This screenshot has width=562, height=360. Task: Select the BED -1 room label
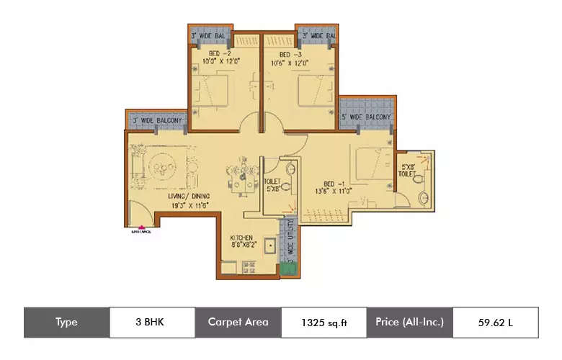coord(331,184)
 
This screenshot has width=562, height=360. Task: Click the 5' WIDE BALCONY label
coord(367,117)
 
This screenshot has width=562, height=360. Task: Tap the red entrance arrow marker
coord(140,228)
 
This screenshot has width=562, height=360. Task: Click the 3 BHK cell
coord(152,323)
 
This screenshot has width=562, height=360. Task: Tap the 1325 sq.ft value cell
coord(324,323)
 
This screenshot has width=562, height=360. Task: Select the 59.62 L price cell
coord(495,323)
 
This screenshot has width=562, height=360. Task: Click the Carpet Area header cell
coord(238,323)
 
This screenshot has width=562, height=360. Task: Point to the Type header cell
coord(66,323)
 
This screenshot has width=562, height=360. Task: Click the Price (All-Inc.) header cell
coord(409,323)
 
